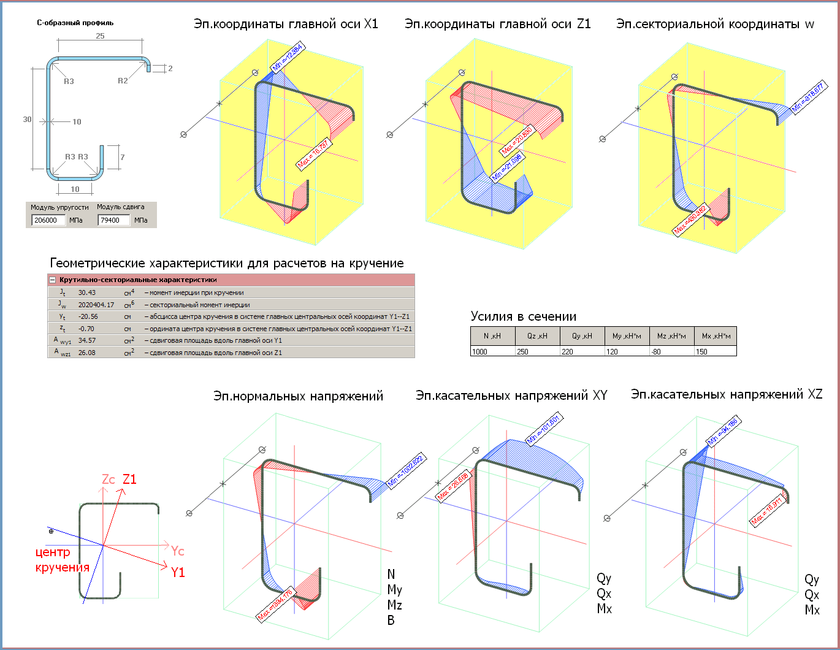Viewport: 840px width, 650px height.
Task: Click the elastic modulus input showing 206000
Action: click(48, 220)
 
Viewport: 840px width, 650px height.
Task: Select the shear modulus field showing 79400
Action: click(113, 220)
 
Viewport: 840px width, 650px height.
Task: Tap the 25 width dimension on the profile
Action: click(100, 36)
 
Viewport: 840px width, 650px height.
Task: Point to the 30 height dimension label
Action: click(27, 120)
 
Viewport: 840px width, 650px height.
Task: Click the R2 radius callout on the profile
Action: click(123, 81)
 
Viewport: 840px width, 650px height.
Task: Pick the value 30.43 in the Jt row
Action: click(87, 292)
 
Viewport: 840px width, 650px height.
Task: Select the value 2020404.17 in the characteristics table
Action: click(96, 305)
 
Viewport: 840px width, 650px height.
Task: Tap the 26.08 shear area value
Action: click(87, 353)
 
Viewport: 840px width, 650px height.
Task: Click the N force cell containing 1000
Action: click(492, 352)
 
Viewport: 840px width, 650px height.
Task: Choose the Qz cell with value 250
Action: click(537, 352)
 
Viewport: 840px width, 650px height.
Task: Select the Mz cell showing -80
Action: click(671, 352)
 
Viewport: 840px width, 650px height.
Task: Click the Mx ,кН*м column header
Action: click(716, 336)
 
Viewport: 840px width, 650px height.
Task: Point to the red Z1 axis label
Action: click(129, 479)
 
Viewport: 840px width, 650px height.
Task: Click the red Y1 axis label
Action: click(178, 573)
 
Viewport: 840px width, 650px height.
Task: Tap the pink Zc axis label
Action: click(109, 479)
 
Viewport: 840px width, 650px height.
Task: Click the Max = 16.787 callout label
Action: click(314, 154)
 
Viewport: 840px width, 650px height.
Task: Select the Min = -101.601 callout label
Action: click(544, 430)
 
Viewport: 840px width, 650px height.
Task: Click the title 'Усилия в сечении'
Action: click(524, 316)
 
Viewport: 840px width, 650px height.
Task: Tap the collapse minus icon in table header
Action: click(53, 280)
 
